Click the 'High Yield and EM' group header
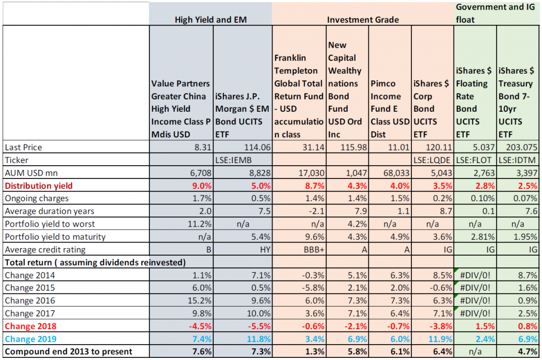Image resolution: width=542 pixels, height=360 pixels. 211,20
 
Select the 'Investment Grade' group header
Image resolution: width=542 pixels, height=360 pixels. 363,20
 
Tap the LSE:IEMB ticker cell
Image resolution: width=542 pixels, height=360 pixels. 233,160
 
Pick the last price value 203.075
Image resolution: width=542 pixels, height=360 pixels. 521,147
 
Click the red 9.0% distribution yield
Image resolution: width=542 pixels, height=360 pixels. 202,186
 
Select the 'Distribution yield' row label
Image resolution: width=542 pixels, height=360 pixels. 39,186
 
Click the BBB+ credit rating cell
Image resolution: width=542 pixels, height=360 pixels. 314,250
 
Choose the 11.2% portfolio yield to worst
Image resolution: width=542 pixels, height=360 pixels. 200,224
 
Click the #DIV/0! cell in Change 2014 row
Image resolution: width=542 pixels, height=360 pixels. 475,275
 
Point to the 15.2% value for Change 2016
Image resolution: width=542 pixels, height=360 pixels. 200,301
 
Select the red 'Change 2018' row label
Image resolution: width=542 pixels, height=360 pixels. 30,326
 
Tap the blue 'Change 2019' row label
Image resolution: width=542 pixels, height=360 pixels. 30,339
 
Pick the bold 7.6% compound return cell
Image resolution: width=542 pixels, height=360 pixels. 202,352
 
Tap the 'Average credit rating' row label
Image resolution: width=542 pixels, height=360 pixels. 45,250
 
